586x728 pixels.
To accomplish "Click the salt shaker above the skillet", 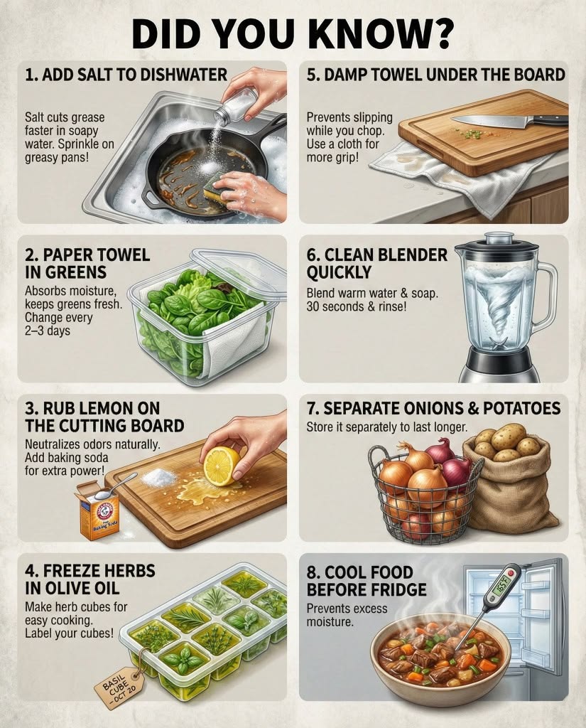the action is click(236, 107).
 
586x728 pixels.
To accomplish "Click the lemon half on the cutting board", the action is click(222, 464).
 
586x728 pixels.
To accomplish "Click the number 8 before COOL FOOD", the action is click(311, 572).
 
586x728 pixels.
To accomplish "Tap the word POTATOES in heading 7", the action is click(521, 408).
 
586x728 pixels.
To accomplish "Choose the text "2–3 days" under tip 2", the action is click(48, 331).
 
